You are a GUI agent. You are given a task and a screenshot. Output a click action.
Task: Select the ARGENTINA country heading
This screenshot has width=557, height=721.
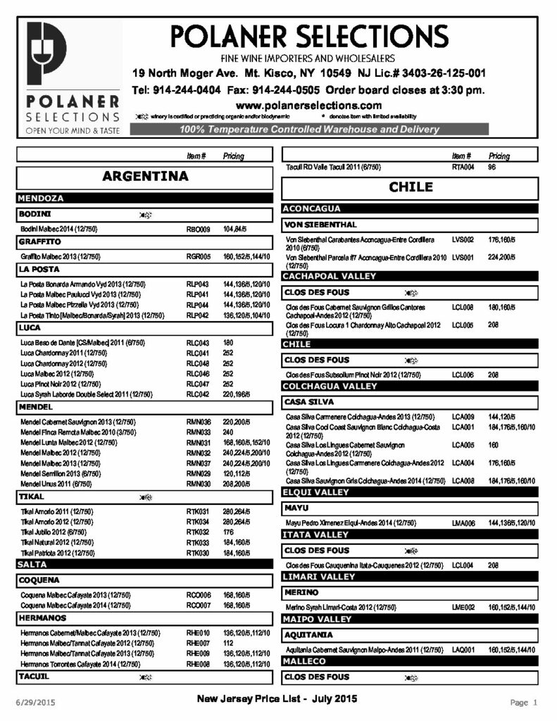pos(145,176)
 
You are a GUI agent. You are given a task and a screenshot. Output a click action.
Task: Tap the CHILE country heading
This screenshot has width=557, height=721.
pos(411,187)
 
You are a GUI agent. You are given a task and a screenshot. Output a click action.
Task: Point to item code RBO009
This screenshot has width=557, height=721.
pos(199,230)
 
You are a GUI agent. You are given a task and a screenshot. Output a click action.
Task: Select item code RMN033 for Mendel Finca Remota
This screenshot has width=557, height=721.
pos(199,432)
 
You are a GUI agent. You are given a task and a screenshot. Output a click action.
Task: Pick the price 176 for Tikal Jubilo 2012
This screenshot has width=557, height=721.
pos(229,532)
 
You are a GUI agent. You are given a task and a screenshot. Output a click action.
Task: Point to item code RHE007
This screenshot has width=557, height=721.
pos(199,643)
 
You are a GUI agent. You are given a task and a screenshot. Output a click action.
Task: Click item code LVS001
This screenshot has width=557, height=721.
pos(463,258)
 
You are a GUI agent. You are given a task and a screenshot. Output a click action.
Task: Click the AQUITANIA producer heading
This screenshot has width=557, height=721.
pos(309,634)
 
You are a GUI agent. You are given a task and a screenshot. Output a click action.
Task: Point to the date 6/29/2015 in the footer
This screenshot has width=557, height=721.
pos(35,703)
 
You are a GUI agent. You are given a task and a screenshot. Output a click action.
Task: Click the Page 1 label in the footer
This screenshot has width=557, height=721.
pos(524,702)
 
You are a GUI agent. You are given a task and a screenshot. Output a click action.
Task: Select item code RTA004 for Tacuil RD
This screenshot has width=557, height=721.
pos(463,167)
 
